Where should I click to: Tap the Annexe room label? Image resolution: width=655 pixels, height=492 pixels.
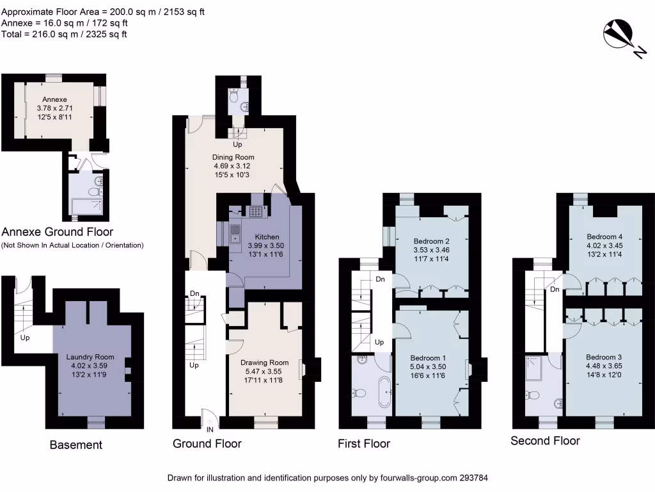click(x=54, y=99)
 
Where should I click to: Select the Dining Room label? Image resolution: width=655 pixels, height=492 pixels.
click(x=233, y=157)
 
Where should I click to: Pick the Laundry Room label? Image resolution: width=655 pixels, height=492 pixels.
click(x=90, y=357)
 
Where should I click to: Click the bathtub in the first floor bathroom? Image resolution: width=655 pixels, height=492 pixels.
click(x=385, y=392)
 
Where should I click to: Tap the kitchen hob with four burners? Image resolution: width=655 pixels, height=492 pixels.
click(x=256, y=211)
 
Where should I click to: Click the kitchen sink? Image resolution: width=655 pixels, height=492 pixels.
click(x=235, y=229)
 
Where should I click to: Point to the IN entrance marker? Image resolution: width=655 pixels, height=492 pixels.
click(x=209, y=430)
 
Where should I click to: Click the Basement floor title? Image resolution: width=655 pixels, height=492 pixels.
click(x=75, y=445)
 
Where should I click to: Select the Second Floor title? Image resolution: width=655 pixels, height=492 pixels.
click(x=545, y=441)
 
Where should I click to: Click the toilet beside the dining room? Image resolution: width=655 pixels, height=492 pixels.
click(x=234, y=97)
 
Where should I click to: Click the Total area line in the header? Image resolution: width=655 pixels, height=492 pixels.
click(x=64, y=34)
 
